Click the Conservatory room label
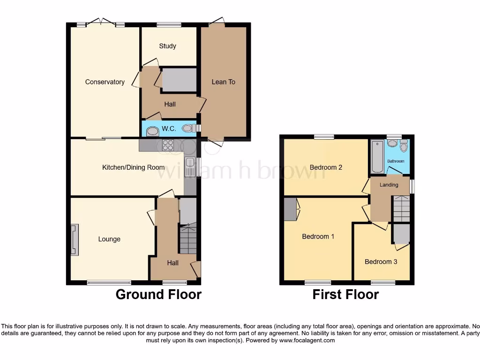point(105,82)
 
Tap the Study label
point(167,46)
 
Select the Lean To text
point(223,82)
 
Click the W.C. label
point(168,128)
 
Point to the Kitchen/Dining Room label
point(133,167)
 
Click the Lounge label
point(109,239)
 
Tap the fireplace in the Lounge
point(75,240)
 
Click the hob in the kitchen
point(168,145)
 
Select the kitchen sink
point(190,167)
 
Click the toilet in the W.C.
point(188,128)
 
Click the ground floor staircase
point(188,239)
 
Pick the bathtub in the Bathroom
point(376,157)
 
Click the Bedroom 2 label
point(326,167)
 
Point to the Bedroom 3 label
point(381,262)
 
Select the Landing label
point(389,185)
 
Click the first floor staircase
point(401,209)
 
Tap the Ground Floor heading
point(158,294)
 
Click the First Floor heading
point(345,294)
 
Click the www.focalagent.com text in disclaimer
point(307,340)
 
